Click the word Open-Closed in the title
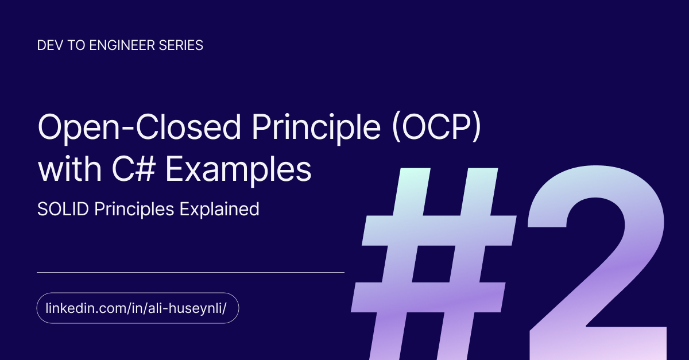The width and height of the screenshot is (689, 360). pos(140,127)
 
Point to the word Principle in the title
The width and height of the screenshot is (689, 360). pos(316,127)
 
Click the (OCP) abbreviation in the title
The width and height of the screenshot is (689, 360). pos(437,127)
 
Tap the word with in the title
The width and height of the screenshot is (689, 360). pos(70,169)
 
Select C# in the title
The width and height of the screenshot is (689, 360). pos(133,169)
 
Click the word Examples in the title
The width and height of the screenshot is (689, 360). pos(239,169)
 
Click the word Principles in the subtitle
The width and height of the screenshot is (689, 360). pos(134,210)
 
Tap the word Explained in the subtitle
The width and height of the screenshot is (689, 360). pos(219,210)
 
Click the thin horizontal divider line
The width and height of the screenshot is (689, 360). pos(191,272)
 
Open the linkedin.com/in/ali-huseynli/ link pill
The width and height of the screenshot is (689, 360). pos(138,308)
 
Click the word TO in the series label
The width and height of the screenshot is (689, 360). pos(76,45)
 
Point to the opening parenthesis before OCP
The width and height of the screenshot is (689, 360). pos(397,127)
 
